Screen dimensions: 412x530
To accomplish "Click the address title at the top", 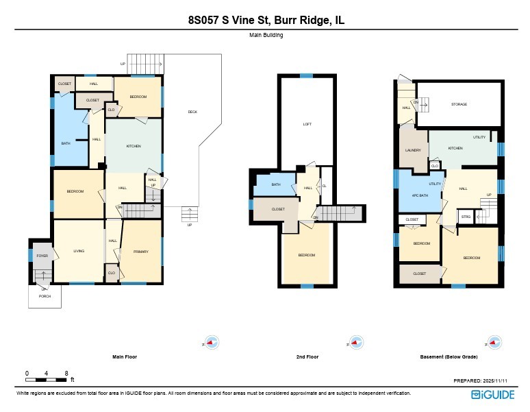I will pos(266,21).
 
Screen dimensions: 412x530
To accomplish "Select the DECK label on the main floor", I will pos(192,112).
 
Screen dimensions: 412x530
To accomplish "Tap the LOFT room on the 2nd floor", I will pos(307,124).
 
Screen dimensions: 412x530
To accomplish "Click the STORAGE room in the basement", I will pos(459,104).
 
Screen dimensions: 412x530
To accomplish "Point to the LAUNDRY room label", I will pos(412,150).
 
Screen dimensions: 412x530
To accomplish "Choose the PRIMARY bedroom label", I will pos(140,252).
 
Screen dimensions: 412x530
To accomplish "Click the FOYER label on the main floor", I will pos(42,255).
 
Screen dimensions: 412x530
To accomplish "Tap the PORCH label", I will pos(45,296).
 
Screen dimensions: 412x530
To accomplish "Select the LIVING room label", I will pos(79,252).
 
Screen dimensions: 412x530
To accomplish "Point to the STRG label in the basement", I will pos(466,217).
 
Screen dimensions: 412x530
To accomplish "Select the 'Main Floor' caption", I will pos(125,356).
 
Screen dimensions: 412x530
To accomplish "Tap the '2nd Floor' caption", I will pos(307,356).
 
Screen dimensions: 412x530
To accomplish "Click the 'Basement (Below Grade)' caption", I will pos(449,356).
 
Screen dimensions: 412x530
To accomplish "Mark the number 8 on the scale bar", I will pos(66,373).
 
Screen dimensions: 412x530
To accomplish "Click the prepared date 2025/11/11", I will pos(499,380).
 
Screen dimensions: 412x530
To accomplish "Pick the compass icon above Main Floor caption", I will pos(212,343).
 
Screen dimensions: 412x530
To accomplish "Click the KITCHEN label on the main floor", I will pos(133,147).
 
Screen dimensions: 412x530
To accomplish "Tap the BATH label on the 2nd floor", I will pos(276,184).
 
